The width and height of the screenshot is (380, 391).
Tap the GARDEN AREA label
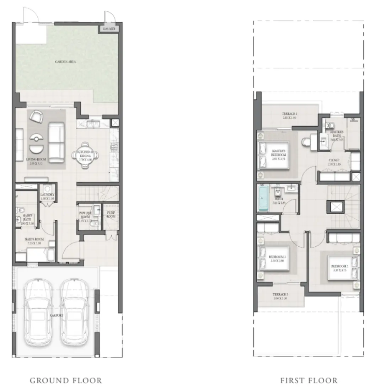65,62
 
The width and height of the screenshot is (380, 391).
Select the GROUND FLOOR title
66,381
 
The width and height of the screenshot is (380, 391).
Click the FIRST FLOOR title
309,381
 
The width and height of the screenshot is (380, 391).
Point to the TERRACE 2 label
280,296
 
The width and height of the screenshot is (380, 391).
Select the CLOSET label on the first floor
334,162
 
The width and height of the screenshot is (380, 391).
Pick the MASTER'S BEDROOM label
278,153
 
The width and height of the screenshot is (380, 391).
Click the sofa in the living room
56,142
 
